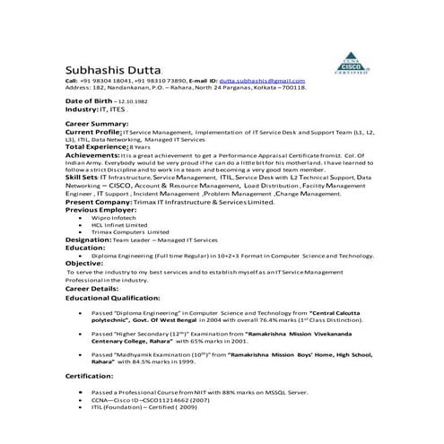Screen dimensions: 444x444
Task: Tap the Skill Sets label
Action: (83, 178)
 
